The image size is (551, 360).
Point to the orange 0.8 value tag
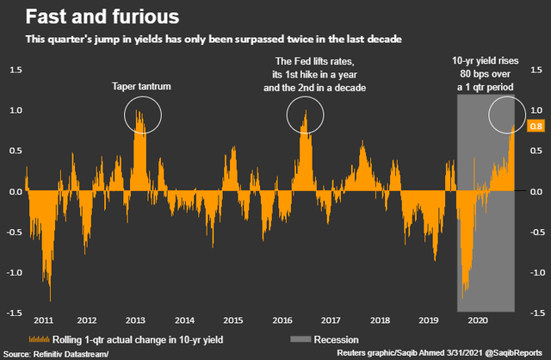[535, 126]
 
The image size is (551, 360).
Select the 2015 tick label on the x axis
[232, 320]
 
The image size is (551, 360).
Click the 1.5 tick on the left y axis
[15, 69]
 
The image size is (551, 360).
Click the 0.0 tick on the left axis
[15, 189]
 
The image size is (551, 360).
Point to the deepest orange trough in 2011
[49, 298]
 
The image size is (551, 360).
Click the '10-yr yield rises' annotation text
[487, 62]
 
